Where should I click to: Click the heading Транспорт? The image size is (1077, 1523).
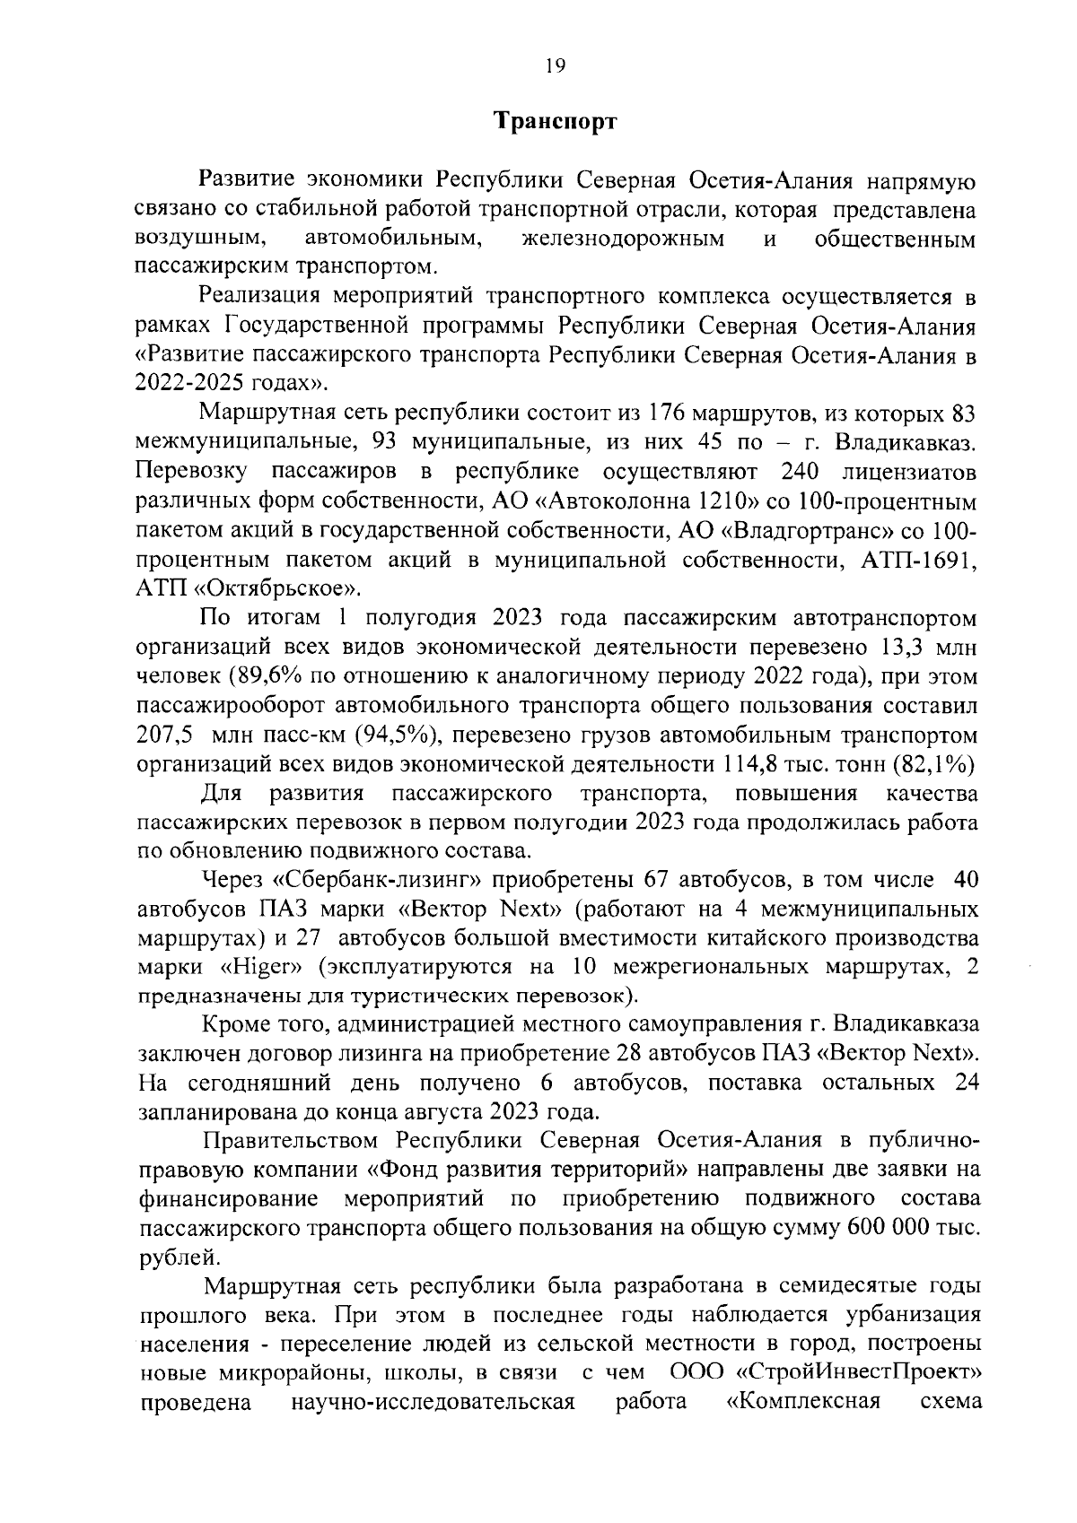[x=556, y=122]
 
